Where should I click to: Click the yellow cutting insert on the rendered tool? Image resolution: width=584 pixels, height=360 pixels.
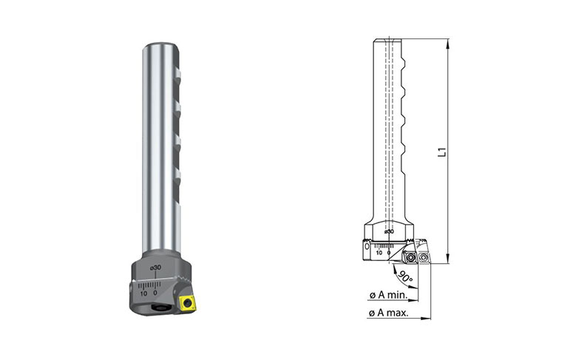[187, 303]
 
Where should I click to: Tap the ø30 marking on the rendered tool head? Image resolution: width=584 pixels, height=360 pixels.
[156, 268]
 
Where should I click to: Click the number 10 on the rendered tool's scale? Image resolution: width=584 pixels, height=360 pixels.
[143, 293]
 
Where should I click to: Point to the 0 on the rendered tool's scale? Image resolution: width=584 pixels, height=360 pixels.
[155, 293]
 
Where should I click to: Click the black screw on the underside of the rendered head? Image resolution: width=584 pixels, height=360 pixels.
[161, 306]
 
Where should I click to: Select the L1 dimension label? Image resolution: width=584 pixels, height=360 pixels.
[442, 152]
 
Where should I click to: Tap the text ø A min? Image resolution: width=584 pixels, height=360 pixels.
[388, 295]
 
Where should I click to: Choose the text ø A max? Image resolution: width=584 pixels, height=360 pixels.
[388, 313]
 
